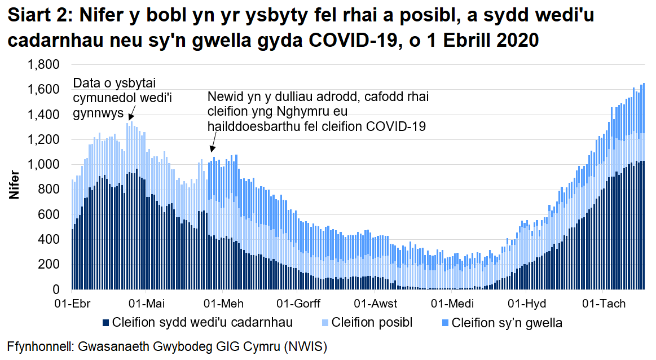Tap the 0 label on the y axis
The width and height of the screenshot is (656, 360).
(x=55, y=289)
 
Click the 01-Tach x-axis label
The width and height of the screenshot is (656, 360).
(x=604, y=304)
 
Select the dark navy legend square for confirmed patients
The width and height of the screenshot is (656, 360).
(x=105, y=323)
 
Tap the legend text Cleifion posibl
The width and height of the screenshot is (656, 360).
(x=372, y=323)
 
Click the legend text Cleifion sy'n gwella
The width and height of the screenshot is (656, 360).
(x=507, y=323)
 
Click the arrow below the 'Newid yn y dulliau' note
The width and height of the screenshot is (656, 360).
(x=213, y=148)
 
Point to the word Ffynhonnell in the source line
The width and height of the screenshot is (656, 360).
(x=37, y=345)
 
